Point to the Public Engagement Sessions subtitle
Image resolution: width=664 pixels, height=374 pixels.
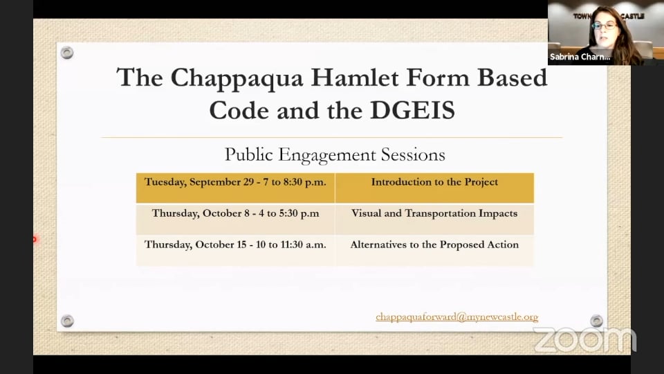pyautogui.click(x=335, y=154)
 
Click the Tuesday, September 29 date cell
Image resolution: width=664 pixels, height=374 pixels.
pyautogui.click(x=235, y=182)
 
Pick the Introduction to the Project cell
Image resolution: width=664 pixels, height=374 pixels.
pyautogui.click(x=434, y=182)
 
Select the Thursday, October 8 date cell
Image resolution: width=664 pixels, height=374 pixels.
pyautogui.click(x=235, y=213)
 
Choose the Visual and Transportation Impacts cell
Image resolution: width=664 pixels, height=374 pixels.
pyautogui.click(x=434, y=213)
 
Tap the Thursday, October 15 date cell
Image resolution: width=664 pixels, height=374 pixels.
pyautogui.click(x=235, y=244)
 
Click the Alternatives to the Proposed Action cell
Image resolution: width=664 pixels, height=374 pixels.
pyautogui.click(x=434, y=244)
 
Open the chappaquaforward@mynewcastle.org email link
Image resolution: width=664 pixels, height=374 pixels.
pyautogui.click(x=456, y=317)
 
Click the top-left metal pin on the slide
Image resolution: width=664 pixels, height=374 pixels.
pyautogui.click(x=67, y=53)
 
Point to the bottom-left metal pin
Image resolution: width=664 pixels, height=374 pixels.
pyautogui.click(x=67, y=321)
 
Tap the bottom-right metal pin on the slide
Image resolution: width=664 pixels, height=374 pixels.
pyautogui.click(x=596, y=321)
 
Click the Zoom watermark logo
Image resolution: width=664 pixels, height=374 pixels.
pyautogui.click(x=584, y=339)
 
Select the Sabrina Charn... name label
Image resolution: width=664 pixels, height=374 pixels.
pyautogui.click(x=580, y=57)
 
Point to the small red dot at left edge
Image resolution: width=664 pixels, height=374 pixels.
pyautogui.click(x=34, y=240)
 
